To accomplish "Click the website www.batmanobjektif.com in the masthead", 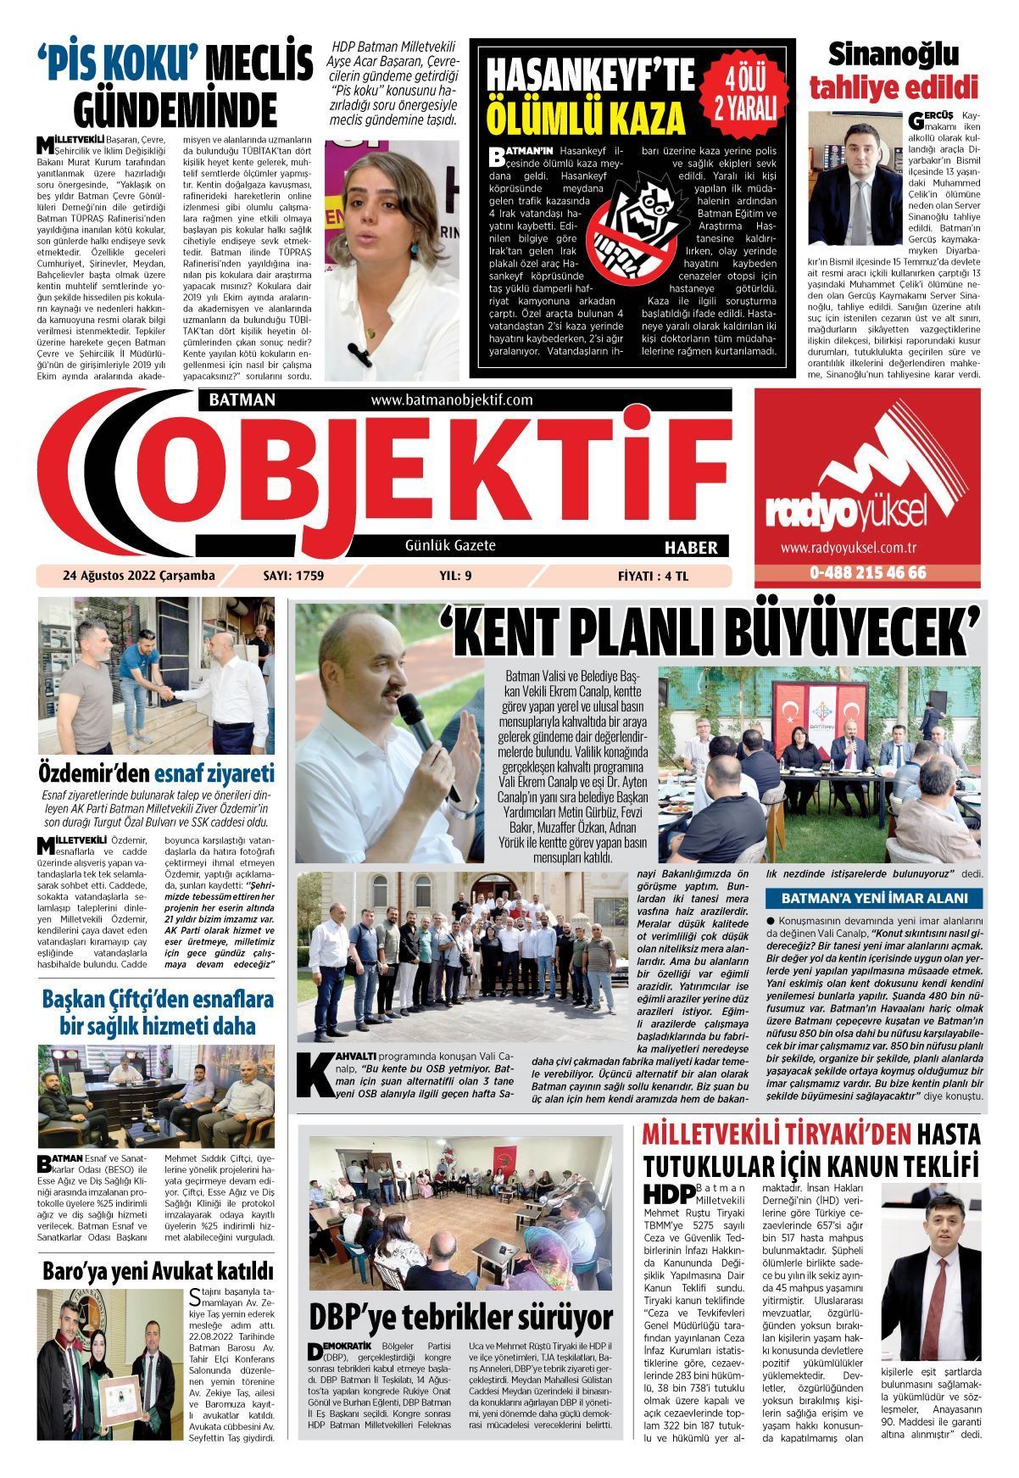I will point(451,399).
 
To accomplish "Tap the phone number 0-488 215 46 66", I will point(867,573).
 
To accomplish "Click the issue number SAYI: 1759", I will point(294,577).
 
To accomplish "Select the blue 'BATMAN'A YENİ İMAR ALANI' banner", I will point(873,898).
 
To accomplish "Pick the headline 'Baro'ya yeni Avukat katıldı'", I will point(158,1271).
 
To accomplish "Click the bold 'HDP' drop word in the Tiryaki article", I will point(669,1194).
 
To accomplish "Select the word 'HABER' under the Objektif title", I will point(691,547).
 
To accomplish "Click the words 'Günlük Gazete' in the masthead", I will point(450,545).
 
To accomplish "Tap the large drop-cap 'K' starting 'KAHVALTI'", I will point(315,1078).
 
